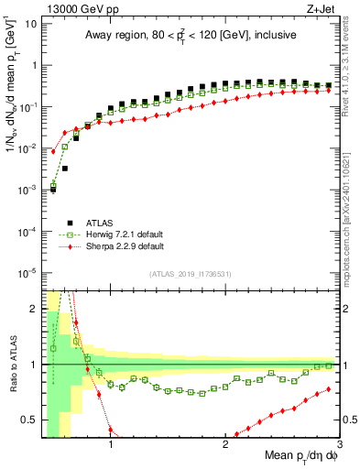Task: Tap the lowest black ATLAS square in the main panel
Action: tap(54, 190)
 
